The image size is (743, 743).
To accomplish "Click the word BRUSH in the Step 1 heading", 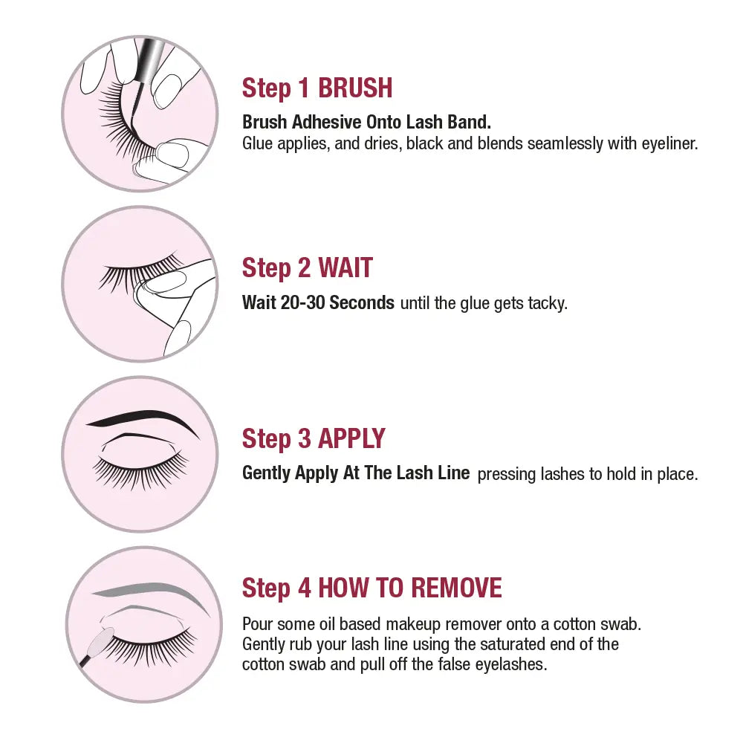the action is click(x=355, y=88).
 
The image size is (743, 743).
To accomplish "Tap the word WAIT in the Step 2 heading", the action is click(x=345, y=267).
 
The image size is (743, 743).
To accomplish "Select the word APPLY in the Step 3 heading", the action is click(x=351, y=438).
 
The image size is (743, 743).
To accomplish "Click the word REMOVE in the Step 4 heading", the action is click(x=456, y=588).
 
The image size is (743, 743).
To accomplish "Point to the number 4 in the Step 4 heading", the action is click(x=304, y=588).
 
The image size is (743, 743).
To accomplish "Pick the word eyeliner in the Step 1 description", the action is click(x=669, y=143).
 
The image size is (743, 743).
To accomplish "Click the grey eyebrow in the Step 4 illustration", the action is click(x=151, y=594).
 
